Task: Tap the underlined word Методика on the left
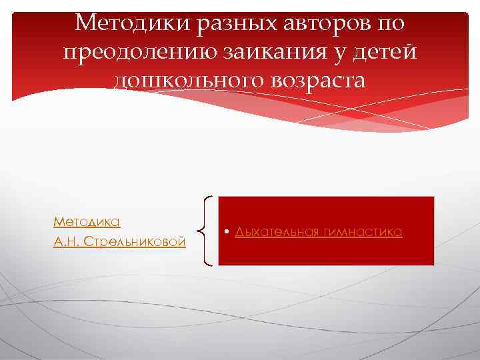click(x=87, y=221)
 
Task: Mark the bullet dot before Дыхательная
click(x=227, y=232)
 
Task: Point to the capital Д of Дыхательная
click(x=239, y=232)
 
